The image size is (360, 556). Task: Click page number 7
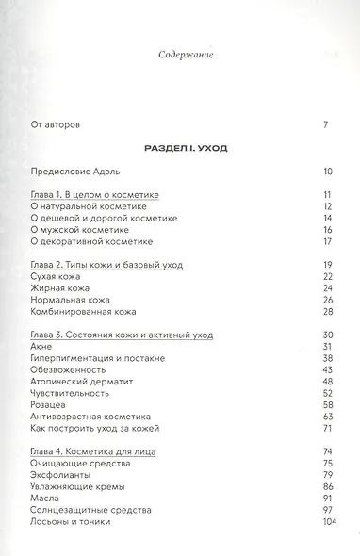(x=325, y=124)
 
